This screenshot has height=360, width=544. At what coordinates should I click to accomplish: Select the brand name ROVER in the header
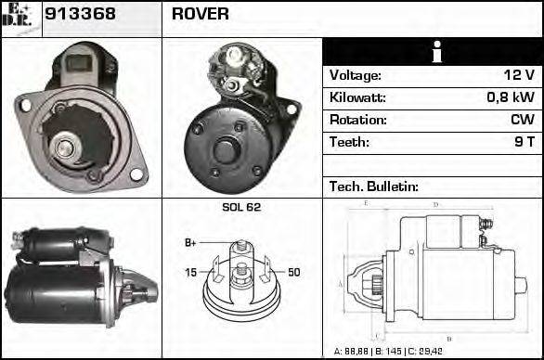[x=201, y=15]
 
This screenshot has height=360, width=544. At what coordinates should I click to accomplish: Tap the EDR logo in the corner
[x=21, y=18]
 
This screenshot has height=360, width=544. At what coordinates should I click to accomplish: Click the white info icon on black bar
[x=432, y=53]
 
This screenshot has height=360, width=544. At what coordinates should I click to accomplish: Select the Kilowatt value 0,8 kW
[x=510, y=97]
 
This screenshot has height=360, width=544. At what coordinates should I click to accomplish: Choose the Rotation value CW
[x=522, y=120]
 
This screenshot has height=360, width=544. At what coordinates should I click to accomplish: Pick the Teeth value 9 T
[x=525, y=142]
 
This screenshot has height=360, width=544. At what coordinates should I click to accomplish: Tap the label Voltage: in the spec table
[x=355, y=75]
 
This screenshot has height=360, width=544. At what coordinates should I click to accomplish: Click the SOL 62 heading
[x=241, y=207]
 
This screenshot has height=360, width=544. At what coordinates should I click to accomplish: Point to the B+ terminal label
[x=190, y=243]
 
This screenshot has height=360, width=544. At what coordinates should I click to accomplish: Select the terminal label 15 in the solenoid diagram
[x=190, y=272]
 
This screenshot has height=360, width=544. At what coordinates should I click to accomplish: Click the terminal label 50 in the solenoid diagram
[x=293, y=272]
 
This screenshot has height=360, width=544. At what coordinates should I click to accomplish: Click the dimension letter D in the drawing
[x=436, y=203]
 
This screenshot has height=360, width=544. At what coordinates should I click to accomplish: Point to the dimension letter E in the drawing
[x=367, y=202]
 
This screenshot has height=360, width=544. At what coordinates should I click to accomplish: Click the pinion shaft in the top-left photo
[x=65, y=144]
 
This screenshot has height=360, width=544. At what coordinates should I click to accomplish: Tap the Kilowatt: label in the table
[x=357, y=97]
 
